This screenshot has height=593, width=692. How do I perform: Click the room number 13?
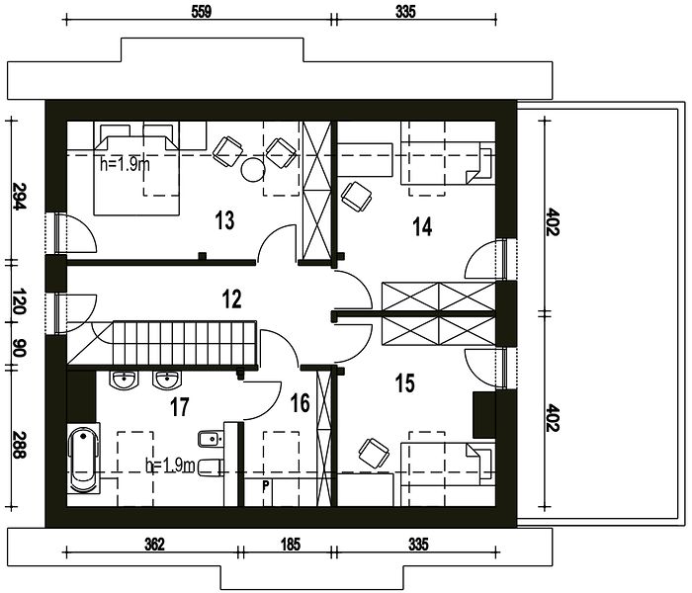[224, 220]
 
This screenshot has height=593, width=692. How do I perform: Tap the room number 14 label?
[422, 226]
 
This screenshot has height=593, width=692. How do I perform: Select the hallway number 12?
[232, 299]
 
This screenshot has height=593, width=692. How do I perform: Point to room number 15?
[405, 382]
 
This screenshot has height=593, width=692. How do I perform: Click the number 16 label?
[301, 403]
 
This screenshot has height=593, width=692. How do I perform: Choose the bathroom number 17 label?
[180, 407]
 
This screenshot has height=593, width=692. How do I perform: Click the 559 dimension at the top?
[202, 12]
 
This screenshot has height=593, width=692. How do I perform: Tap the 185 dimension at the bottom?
[290, 545]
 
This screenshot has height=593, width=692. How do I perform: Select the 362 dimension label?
[154, 545]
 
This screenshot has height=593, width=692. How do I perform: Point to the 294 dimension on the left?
[18, 196]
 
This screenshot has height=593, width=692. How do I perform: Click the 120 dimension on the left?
[18, 301]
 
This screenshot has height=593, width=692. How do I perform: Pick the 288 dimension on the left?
[18, 445]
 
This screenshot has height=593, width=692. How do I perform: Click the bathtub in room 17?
[83, 459]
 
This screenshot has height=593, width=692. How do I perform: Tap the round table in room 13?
[253, 170]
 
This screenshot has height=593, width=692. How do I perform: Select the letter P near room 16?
[266, 486]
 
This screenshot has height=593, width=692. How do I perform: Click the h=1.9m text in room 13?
[125, 165]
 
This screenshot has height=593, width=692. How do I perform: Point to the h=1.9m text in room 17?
[170, 466]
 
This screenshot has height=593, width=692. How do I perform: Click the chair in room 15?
[374, 452]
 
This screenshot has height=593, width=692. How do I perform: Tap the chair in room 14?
[357, 196]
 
